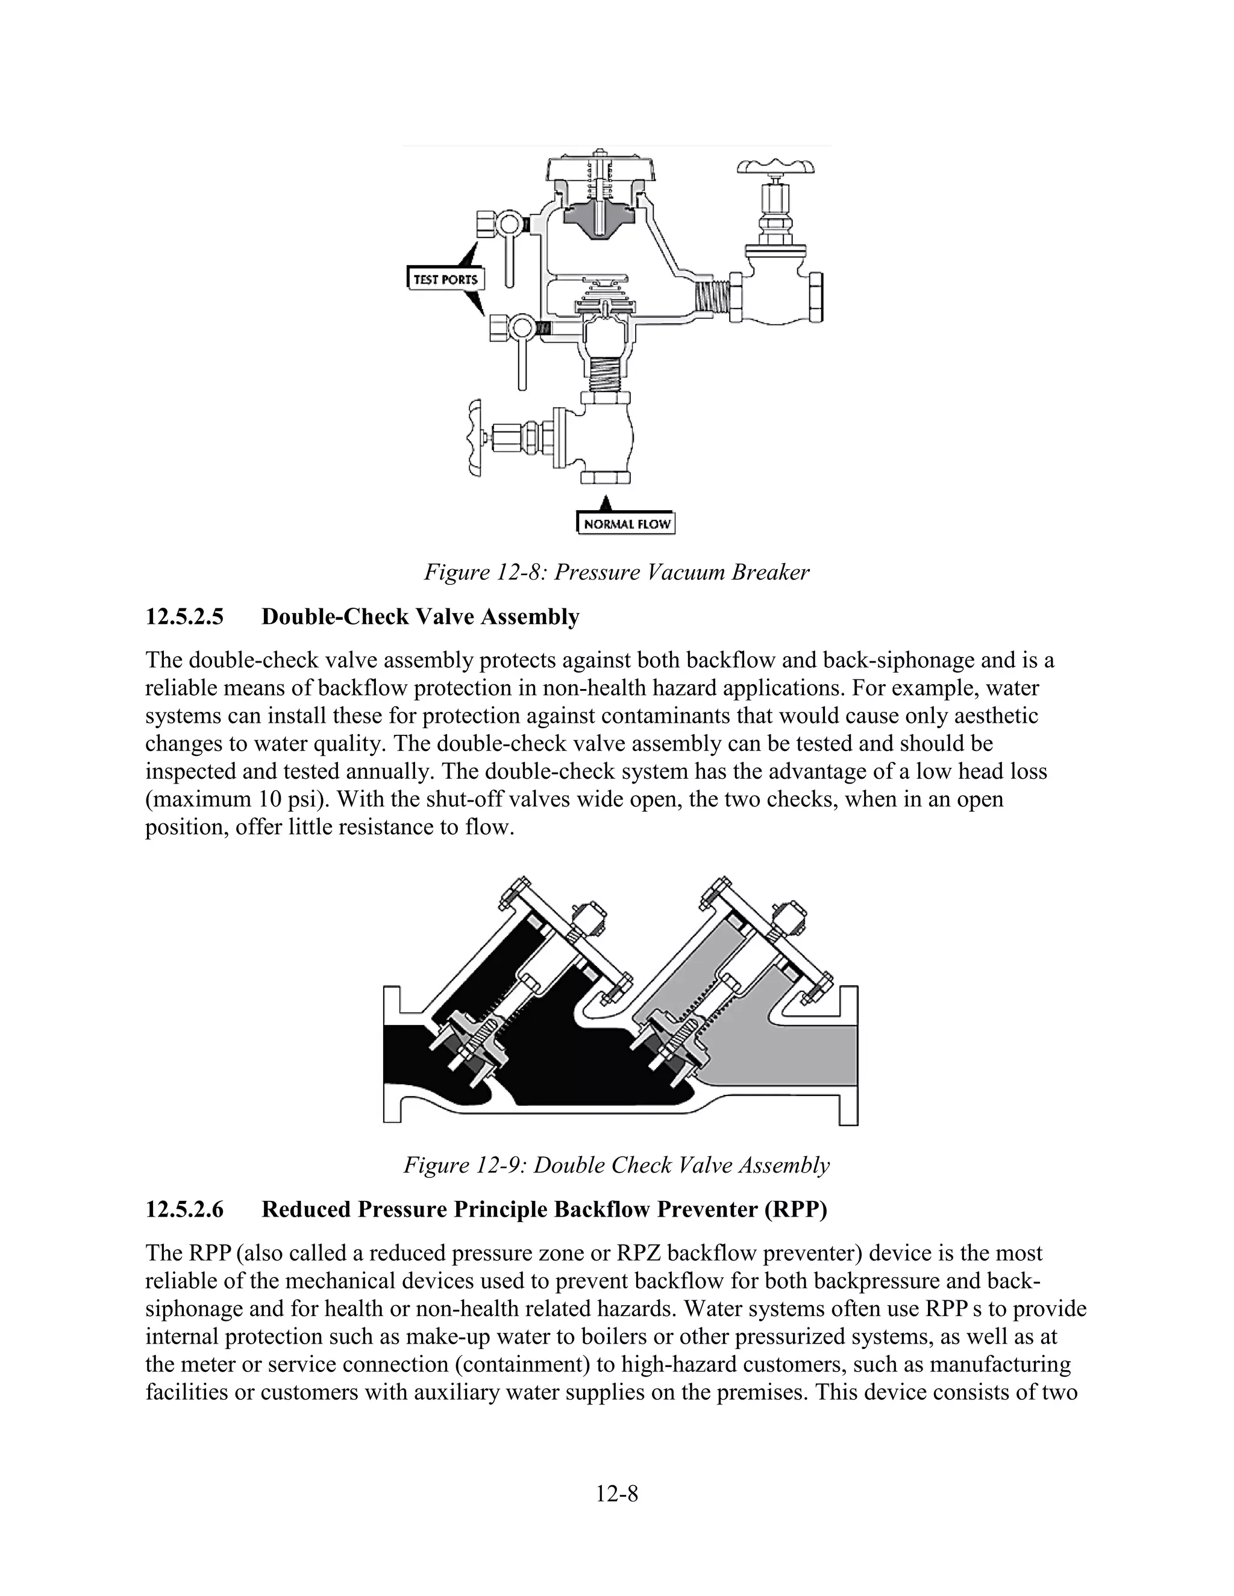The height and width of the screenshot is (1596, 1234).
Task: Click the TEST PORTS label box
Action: (x=445, y=279)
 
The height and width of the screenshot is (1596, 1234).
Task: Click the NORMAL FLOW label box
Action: (x=627, y=524)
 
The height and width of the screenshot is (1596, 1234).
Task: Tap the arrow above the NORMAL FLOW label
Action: (x=604, y=503)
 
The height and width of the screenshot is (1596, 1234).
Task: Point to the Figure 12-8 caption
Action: (x=616, y=572)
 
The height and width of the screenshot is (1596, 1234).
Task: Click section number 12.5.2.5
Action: (x=184, y=617)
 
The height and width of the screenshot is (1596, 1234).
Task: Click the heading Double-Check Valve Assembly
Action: (x=421, y=617)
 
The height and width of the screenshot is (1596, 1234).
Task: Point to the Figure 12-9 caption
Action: (x=616, y=1165)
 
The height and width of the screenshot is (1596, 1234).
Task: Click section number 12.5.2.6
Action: (x=184, y=1210)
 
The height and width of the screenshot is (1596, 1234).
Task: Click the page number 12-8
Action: (x=616, y=1494)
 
